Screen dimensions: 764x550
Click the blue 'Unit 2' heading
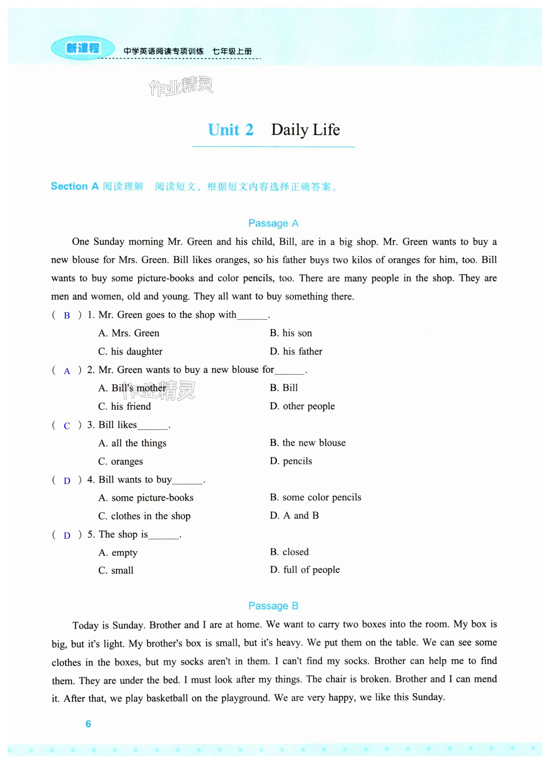coord(231,130)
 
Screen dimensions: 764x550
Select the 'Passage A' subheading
coord(273,223)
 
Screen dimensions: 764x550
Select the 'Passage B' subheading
coord(273,606)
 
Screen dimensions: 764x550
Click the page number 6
coord(88,724)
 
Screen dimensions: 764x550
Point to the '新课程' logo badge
coord(83,48)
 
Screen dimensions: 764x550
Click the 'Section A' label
coord(74,186)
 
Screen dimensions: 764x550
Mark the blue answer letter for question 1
coord(67,316)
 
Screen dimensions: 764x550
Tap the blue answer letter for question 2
coord(67,371)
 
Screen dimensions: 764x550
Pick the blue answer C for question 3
coord(67,426)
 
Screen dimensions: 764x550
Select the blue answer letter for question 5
coord(67,536)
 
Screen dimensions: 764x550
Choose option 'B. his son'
coord(291,333)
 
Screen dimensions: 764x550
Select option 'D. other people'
coord(302,406)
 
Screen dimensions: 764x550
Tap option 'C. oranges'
coord(120,461)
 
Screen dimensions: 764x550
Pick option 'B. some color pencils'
coord(315,498)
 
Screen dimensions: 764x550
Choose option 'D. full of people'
coord(304,570)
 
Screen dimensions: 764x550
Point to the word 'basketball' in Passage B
coord(167,698)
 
